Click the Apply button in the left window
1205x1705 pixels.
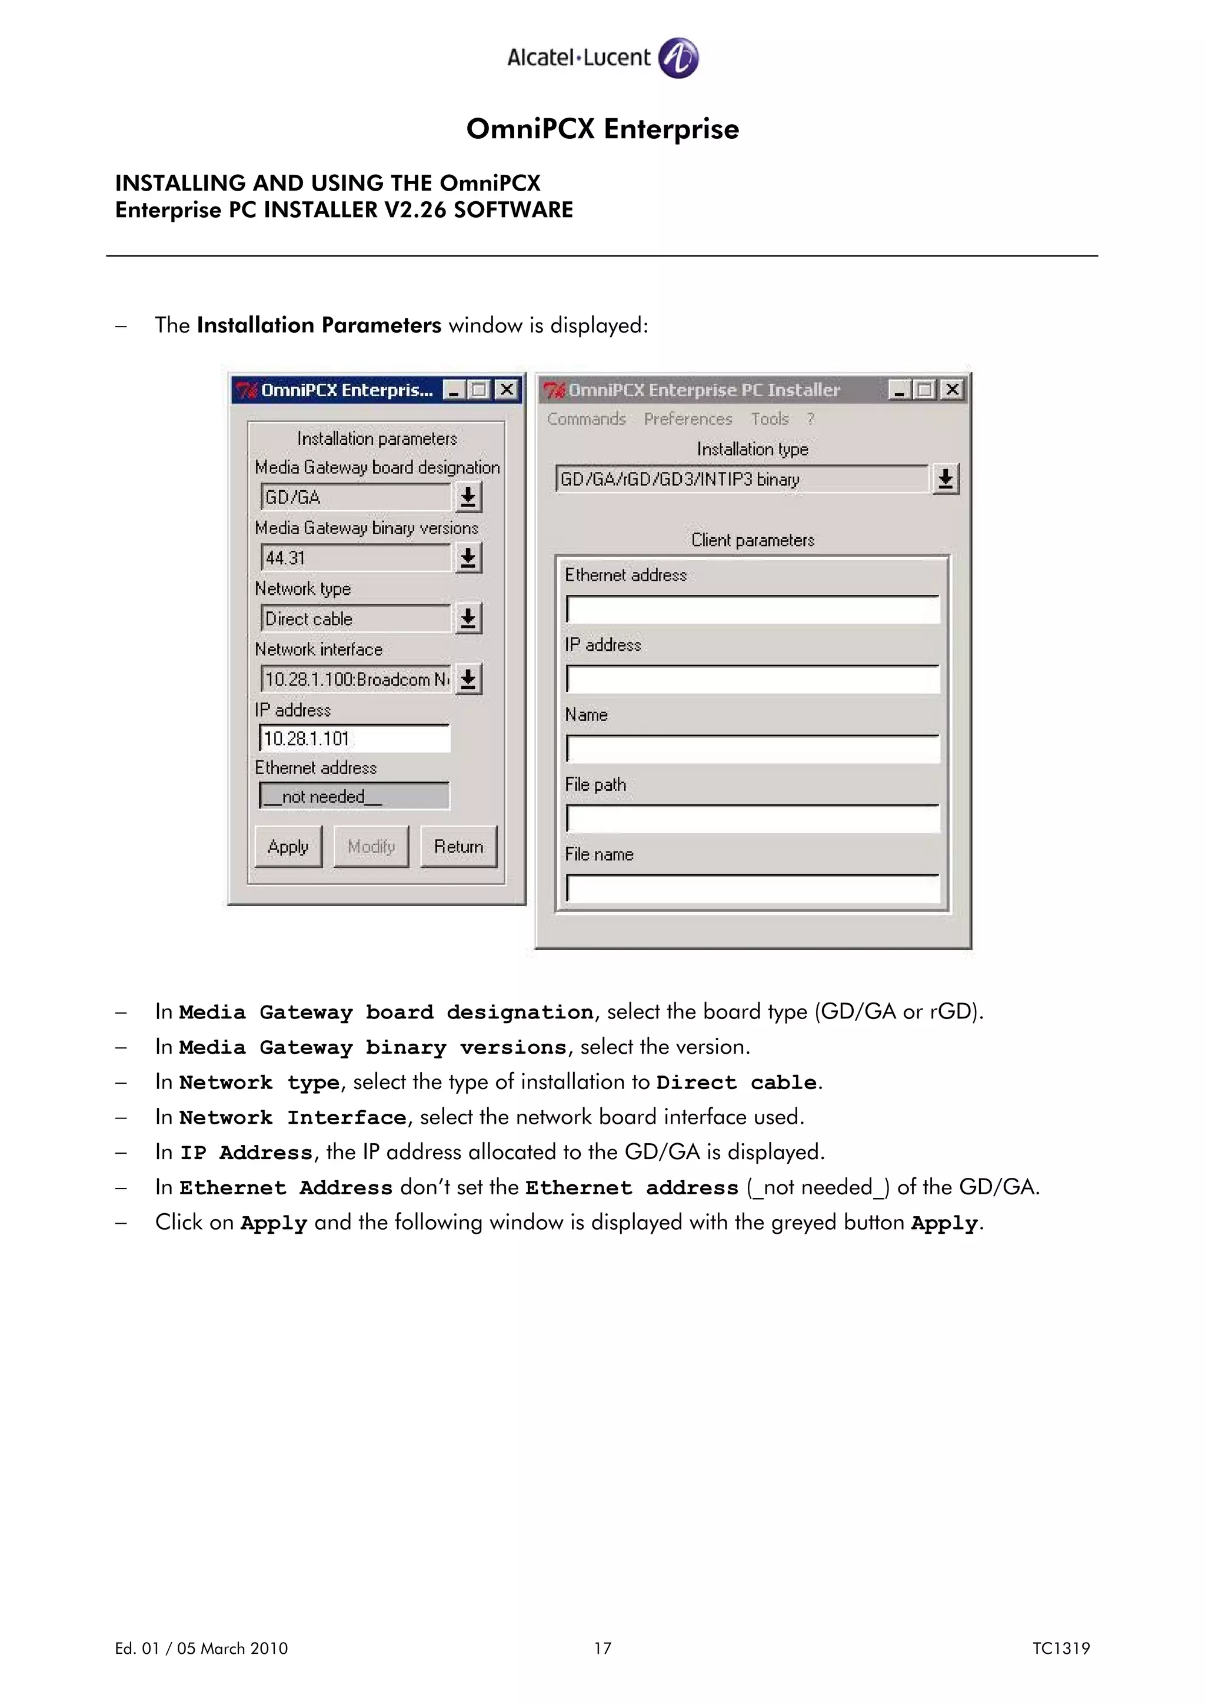click(288, 847)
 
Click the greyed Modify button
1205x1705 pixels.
click(371, 847)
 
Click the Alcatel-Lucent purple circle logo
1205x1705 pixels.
click(678, 58)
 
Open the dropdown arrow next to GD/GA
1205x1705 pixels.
click(468, 497)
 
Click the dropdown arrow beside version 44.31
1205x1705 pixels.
click(468, 558)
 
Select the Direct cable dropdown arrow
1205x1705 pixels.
click(468, 618)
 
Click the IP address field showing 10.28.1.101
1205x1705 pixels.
click(354, 738)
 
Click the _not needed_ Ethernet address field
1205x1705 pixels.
click(354, 796)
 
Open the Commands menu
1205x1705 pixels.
click(586, 419)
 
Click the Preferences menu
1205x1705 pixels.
click(687, 419)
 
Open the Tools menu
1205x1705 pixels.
click(769, 419)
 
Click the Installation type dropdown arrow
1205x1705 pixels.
click(945, 479)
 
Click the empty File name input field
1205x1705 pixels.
click(752, 889)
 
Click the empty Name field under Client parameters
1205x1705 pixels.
click(752, 748)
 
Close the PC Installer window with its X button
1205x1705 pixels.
click(953, 390)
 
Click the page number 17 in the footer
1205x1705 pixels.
click(602, 1649)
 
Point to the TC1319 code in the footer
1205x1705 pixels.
click(1060, 1649)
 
